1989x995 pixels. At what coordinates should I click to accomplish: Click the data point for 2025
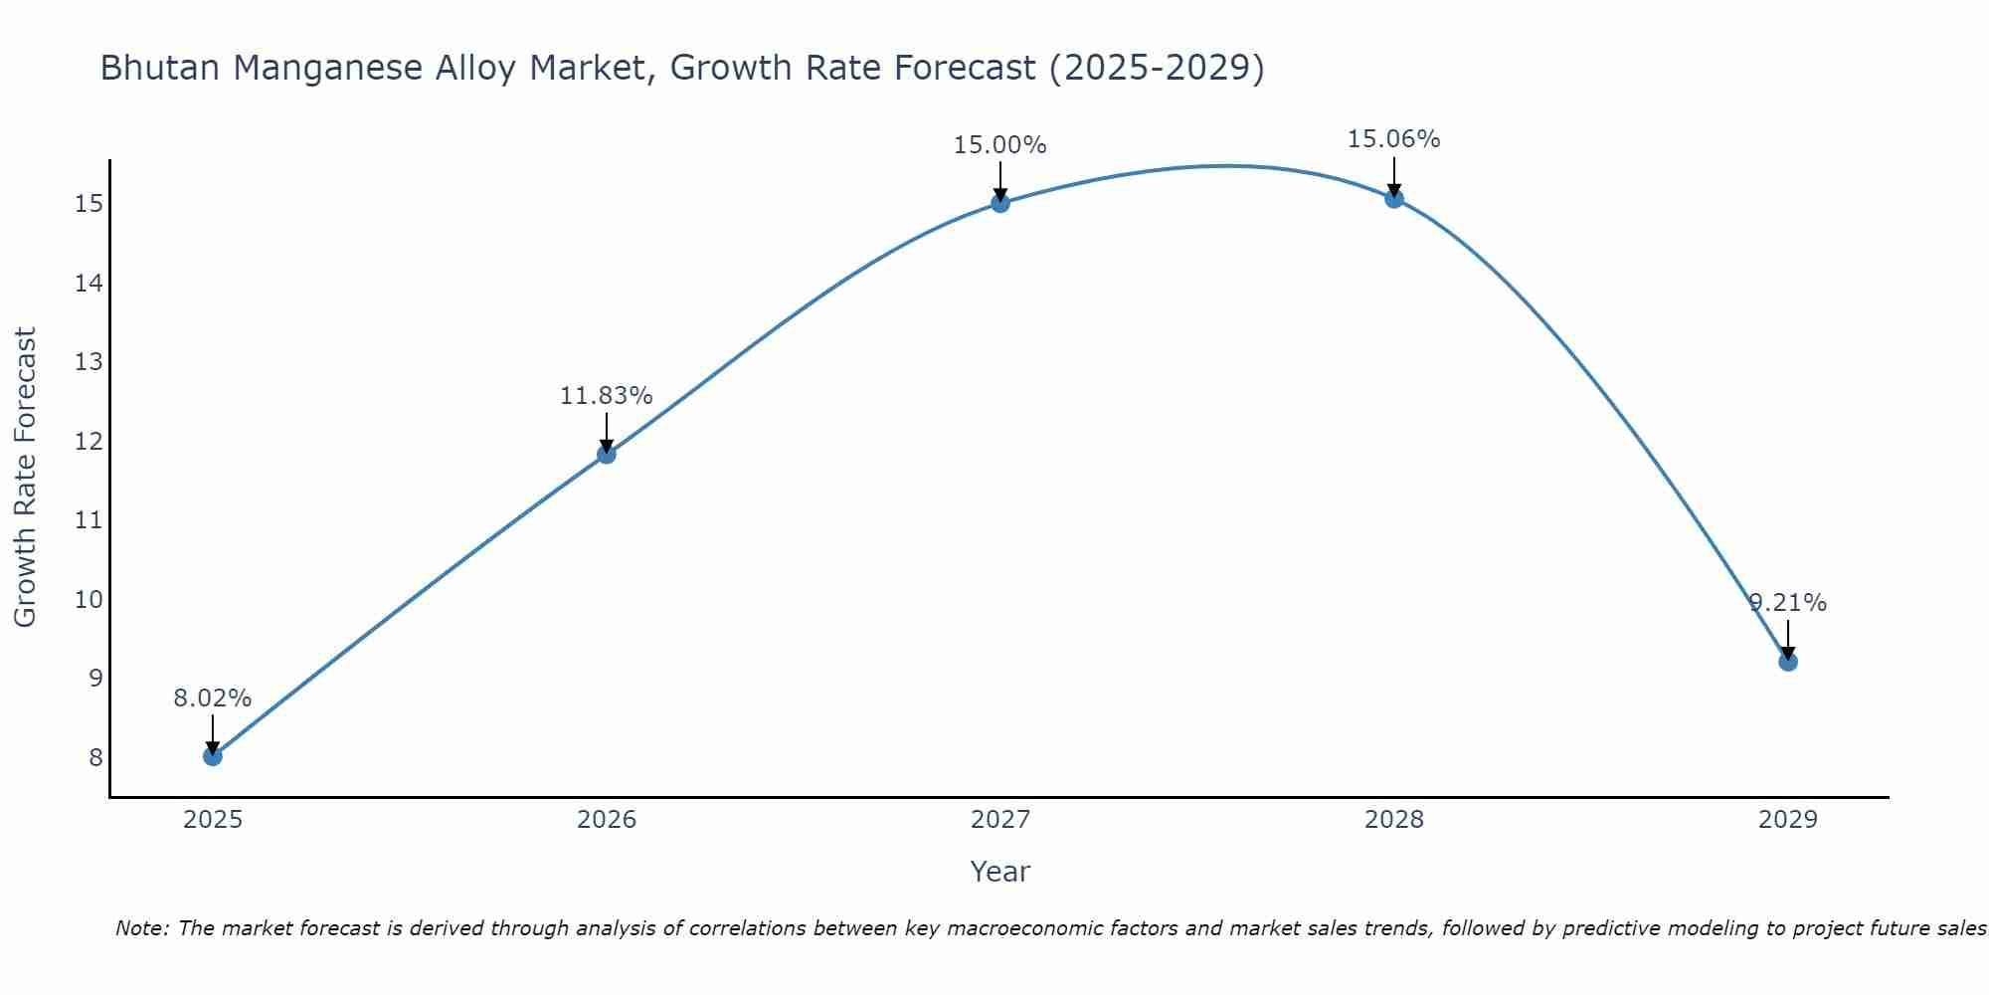(x=213, y=756)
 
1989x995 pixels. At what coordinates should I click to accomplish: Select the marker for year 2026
(x=607, y=455)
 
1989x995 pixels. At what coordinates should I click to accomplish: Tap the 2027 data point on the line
(x=1000, y=203)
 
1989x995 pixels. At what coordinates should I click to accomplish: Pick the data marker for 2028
(x=1394, y=198)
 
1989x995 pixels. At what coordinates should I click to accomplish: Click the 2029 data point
(x=1788, y=662)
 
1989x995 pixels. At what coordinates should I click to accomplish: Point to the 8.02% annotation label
(x=213, y=698)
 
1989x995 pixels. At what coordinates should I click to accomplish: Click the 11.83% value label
(x=607, y=396)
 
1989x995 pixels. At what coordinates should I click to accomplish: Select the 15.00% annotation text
(x=1000, y=145)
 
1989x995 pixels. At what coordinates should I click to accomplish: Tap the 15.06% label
(x=1394, y=139)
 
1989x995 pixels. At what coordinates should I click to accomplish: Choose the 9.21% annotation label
(x=1788, y=603)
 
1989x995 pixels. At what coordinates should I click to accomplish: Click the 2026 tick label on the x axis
(x=607, y=820)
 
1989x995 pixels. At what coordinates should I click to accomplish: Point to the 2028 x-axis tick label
(x=1394, y=820)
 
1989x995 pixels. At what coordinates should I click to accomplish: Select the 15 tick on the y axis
(x=89, y=204)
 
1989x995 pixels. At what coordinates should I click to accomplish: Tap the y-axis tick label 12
(x=89, y=441)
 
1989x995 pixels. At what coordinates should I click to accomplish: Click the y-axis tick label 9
(x=95, y=679)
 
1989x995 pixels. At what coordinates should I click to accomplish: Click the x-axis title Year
(x=1000, y=872)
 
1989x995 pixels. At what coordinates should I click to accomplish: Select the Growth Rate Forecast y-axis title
(x=26, y=478)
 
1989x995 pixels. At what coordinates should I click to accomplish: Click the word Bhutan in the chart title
(x=160, y=69)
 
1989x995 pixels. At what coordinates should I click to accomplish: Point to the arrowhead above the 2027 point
(x=1000, y=194)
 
